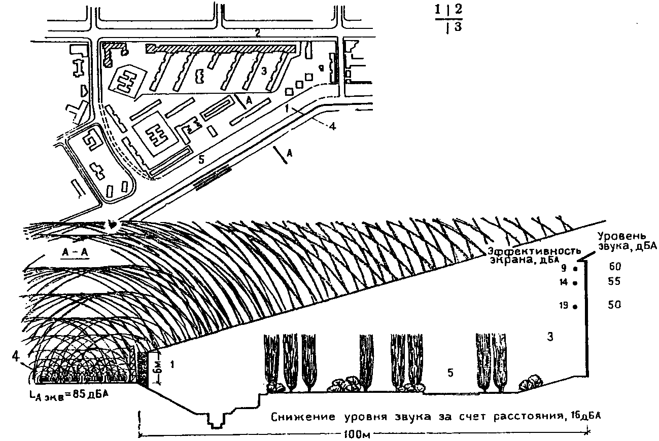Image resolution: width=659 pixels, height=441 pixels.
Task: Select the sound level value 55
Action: tap(615, 282)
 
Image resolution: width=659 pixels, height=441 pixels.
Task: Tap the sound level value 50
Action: tap(615, 305)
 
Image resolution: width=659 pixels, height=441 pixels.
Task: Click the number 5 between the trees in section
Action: tap(450, 373)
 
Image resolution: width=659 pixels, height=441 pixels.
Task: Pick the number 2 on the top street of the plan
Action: tap(258, 33)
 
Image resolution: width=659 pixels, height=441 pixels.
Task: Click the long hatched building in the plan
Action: tap(221, 48)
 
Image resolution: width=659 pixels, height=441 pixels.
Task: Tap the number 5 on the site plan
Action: tap(201, 160)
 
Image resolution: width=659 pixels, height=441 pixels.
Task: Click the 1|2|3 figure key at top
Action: tap(449, 19)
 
